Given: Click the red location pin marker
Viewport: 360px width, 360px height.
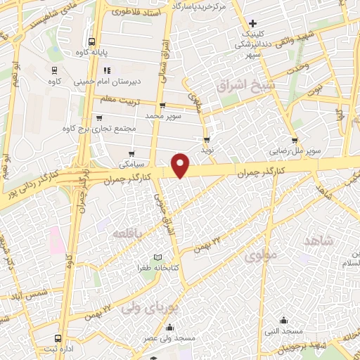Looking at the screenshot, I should pyautogui.click(x=181, y=165).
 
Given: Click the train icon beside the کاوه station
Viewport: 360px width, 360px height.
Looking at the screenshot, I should pyautogui.click(x=54, y=70).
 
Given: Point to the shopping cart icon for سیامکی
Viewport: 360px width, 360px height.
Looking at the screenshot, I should pyautogui.click(x=131, y=153).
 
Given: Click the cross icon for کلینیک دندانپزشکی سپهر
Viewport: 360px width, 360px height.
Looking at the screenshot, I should pyautogui.click(x=252, y=23).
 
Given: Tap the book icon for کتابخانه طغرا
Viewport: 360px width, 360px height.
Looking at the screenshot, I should pyautogui.click(x=157, y=257).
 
